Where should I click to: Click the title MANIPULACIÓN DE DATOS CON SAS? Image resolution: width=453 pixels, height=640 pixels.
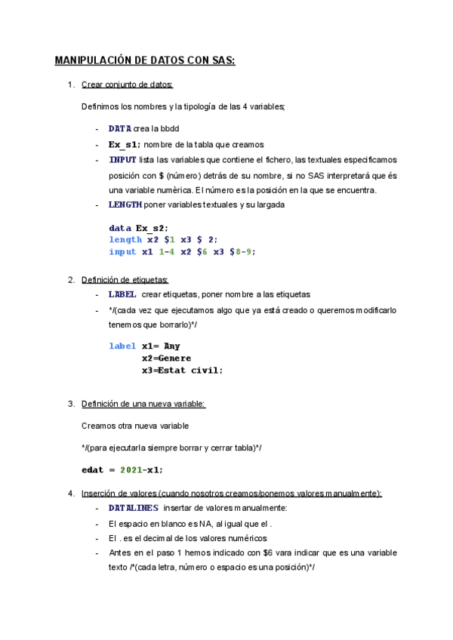click(145, 60)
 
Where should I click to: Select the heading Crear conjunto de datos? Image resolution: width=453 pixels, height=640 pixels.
click(127, 84)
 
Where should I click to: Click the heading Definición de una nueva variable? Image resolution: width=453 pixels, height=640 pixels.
click(143, 404)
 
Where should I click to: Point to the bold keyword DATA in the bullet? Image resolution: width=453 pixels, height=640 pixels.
click(119, 129)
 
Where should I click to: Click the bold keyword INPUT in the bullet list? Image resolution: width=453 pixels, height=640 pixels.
click(122, 160)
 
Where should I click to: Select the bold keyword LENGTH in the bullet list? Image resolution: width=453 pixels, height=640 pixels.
click(125, 205)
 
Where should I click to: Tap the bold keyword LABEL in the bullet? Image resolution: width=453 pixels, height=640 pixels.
click(122, 294)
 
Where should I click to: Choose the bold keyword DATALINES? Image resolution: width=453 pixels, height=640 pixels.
click(133, 508)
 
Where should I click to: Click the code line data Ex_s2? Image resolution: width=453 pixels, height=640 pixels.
click(138, 228)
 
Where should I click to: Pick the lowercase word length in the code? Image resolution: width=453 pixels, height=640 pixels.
click(125, 240)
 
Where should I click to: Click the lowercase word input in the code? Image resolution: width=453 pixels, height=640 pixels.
click(122, 252)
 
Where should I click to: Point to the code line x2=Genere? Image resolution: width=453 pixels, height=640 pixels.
click(166, 358)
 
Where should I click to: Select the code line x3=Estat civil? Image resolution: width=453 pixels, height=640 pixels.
click(182, 371)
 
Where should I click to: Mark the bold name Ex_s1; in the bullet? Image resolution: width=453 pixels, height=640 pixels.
click(124, 144)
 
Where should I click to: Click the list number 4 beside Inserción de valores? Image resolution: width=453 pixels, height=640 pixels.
click(70, 494)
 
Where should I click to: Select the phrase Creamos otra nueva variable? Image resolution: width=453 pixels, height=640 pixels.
click(135, 426)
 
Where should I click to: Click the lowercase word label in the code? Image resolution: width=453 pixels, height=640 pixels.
click(122, 346)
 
